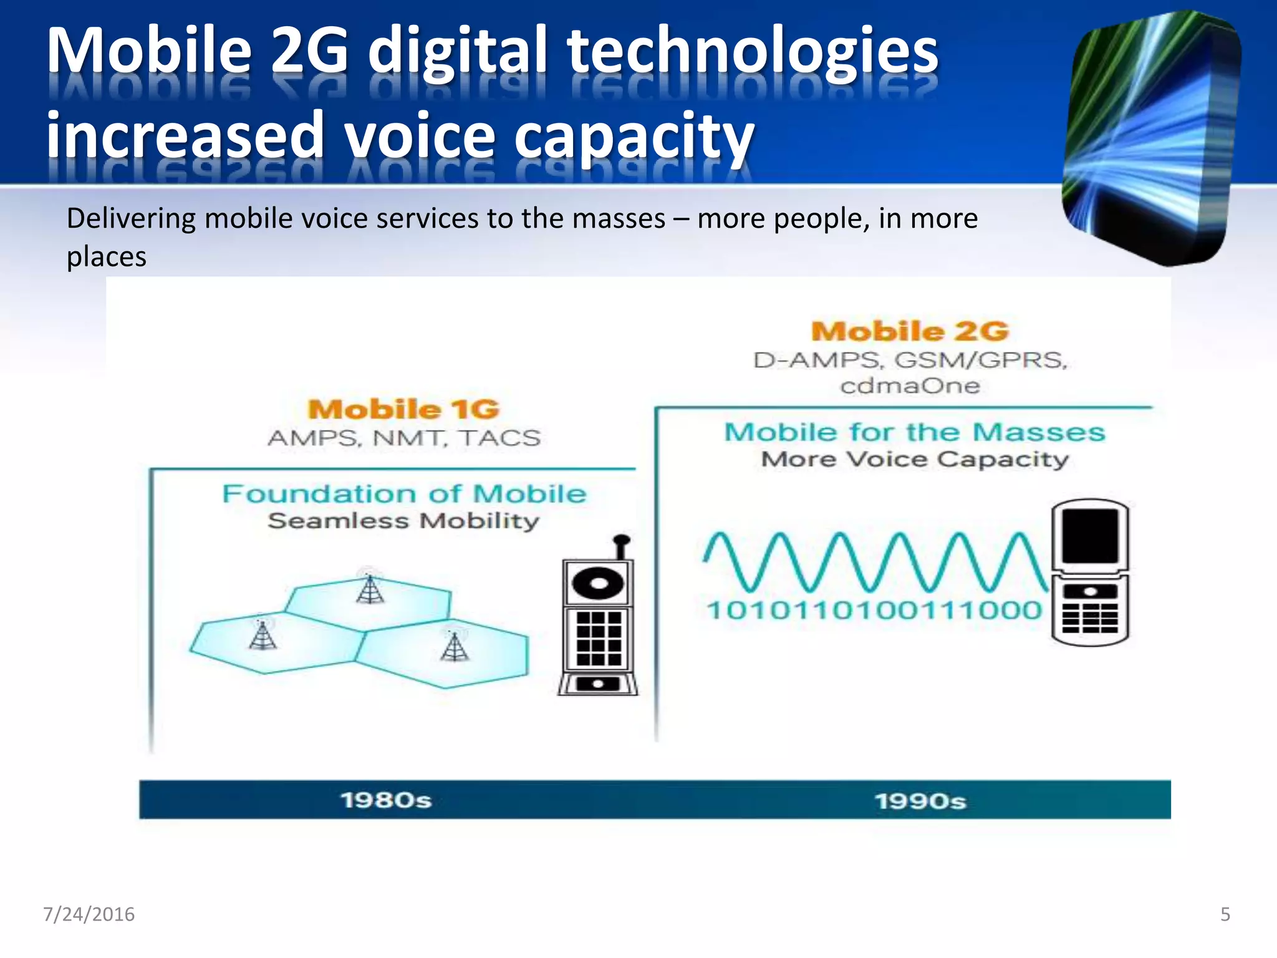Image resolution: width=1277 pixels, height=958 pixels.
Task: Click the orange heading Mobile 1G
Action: (x=403, y=410)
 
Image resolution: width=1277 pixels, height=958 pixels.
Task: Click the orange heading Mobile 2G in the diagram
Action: (x=910, y=331)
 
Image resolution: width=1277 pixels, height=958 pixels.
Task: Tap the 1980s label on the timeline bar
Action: (x=386, y=800)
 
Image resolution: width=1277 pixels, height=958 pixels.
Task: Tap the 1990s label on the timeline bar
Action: (x=920, y=801)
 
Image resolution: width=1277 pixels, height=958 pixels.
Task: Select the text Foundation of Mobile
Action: (x=405, y=494)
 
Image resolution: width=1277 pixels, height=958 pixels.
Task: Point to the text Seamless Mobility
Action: (x=403, y=521)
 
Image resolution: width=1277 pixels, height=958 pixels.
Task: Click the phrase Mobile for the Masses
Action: (x=914, y=432)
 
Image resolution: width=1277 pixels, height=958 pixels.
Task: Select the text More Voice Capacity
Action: (x=915, y=460)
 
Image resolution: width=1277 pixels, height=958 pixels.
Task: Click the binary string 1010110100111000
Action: (x=874, y=610)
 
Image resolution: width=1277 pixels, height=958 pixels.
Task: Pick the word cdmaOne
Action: (x=910, y=386)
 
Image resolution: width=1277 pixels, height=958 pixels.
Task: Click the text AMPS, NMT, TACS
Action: (x=404, y=438)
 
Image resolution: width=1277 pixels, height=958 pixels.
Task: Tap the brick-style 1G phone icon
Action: (x=598, y=624)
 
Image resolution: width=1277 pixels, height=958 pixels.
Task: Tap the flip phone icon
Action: (x=1090, y=573)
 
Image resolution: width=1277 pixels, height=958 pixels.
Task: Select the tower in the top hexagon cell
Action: (x=370, y=588)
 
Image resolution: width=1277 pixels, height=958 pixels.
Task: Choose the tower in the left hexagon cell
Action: (x=263, y=634)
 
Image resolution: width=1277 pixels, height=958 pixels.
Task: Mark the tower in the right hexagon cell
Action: (x=455, y=646)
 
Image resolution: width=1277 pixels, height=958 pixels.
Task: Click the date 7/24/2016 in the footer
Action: (x=89, y=914)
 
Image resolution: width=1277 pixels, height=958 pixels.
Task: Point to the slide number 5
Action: (x=1225, y=914)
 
